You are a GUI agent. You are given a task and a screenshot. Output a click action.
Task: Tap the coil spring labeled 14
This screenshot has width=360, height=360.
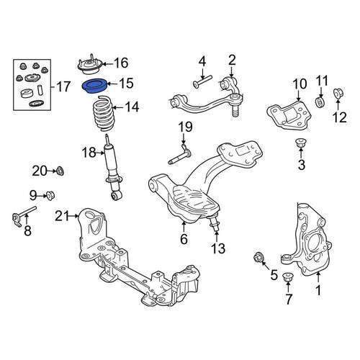104,113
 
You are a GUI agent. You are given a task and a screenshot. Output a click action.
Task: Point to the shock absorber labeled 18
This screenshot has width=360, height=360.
112,168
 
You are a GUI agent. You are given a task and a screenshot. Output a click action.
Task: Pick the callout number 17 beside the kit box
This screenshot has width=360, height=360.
63,86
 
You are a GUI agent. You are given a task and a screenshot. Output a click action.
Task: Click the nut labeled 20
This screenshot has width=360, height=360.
60,171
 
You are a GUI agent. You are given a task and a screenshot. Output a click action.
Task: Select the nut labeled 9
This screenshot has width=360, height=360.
50,195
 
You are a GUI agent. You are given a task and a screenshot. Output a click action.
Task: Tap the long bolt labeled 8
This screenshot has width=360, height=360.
24,215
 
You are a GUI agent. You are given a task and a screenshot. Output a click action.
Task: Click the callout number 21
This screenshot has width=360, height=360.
62,216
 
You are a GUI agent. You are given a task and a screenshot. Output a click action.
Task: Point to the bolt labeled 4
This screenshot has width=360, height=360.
202,81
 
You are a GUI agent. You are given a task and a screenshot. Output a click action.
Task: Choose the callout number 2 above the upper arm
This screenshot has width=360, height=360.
232,60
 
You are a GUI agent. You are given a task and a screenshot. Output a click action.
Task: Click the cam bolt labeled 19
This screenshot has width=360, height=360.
179,154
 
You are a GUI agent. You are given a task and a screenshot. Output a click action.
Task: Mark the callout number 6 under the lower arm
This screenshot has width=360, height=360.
184,239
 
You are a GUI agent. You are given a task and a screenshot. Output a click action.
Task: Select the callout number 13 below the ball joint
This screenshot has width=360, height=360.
218,248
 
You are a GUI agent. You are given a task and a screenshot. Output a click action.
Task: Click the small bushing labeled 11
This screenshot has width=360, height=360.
320,102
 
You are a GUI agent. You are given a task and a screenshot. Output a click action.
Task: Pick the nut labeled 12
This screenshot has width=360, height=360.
339,94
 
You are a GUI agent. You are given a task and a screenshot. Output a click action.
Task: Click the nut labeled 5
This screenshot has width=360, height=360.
259,258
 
